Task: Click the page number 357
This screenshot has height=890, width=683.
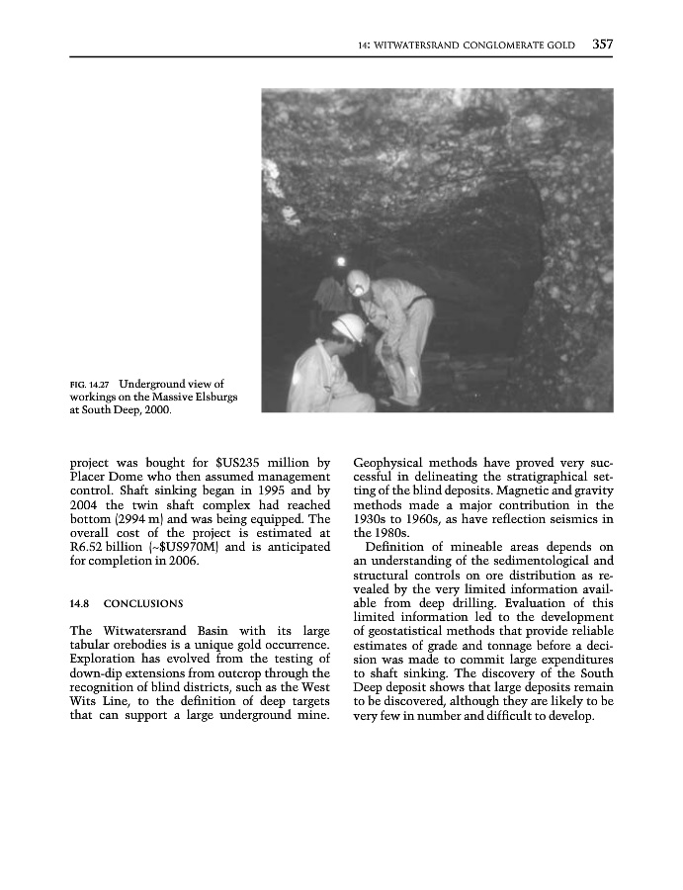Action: coord(603,44)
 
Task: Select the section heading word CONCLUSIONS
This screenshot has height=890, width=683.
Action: coord(143,602)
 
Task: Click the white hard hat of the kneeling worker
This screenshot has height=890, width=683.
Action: coord(348,326)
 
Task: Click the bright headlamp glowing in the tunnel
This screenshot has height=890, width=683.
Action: coord(341,262)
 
